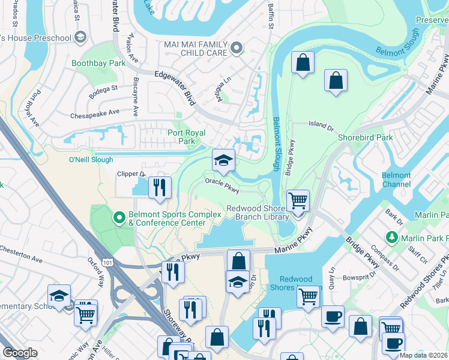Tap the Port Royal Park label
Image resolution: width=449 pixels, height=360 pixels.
[x=186, y=137]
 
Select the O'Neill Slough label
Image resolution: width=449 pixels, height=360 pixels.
[x=91, y=160]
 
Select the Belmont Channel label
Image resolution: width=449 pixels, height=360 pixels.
[x=396, y=180]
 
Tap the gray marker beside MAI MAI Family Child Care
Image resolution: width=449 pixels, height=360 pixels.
[x=238, y=47]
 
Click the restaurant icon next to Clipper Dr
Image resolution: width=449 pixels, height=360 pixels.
[x=159, y=187]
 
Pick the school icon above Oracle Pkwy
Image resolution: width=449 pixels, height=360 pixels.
[x=223, y=160]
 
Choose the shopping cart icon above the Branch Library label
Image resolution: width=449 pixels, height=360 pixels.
[x=297, y=200]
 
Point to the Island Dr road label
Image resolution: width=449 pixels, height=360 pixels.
[x=321, y=125]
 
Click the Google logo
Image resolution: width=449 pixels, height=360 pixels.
[x=20, y=352]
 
